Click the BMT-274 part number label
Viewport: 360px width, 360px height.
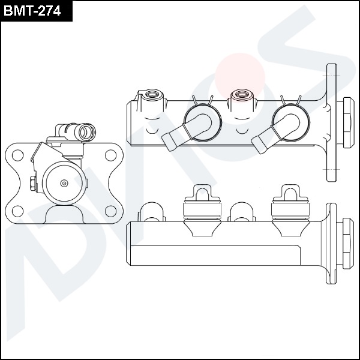point(36,11)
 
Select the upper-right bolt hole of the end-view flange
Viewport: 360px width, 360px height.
point(110,155)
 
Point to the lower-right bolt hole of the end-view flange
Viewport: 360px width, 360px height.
point(110,210)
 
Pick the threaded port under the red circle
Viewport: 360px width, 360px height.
point(242,94)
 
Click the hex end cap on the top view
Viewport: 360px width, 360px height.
point(346,122)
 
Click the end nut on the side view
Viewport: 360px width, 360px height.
point(346,243)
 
